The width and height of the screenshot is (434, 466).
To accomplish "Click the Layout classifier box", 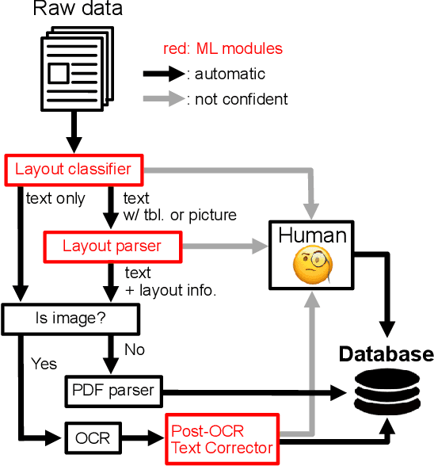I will point(72,169).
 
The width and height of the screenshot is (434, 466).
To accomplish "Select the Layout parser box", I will point(112,246).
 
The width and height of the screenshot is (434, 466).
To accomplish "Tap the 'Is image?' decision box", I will point(71,320).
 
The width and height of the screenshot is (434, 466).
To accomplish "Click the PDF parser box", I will point(113,390).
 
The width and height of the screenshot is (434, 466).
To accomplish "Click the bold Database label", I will point(386,354).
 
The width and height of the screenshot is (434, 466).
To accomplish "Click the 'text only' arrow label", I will point(55,198).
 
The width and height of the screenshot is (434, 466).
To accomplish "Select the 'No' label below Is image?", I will point(134,349).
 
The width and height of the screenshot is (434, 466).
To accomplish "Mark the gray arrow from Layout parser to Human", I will point(227,246).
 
